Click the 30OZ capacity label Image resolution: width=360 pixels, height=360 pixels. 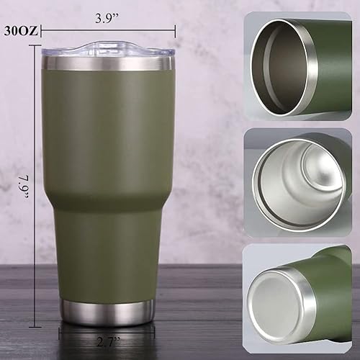coord(20,31)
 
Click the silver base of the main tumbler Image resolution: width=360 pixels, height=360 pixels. coord(106,310)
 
